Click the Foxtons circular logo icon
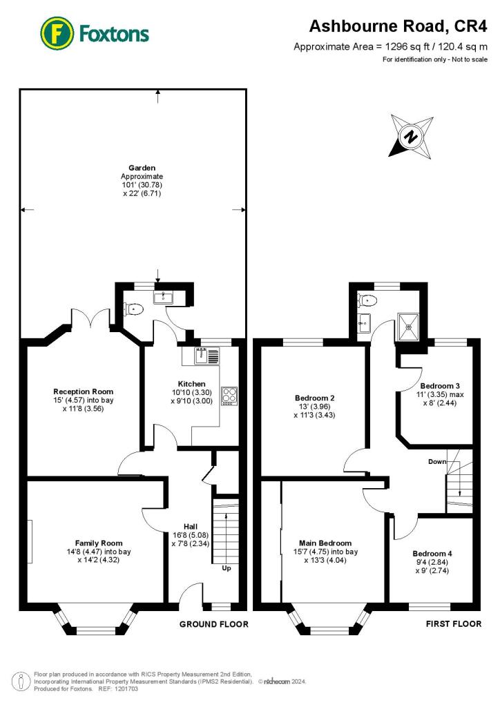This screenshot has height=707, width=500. pyautogui.click(x=57, y=32)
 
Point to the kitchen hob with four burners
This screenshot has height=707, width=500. pyautogui.click(x=229, y=396)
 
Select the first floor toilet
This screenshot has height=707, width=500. pyautogui.click(x=369, y=300)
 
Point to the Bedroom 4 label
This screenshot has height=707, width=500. pyautogui.click(x=432, y=554)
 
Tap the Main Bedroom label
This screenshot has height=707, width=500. pyautogui.click(x=328, y=543)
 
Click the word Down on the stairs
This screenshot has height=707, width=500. pyautogui.click(x=436, y=461)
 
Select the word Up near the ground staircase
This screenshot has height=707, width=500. pyautogui.click(x=226, y=569)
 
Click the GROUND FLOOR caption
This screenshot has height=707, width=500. pyautogui.click(x=214, y=624)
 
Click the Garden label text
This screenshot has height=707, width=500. pyautogui.click(x=142, y=168)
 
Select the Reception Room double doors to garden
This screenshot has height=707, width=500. pyautogui.click(x=90, y=319)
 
